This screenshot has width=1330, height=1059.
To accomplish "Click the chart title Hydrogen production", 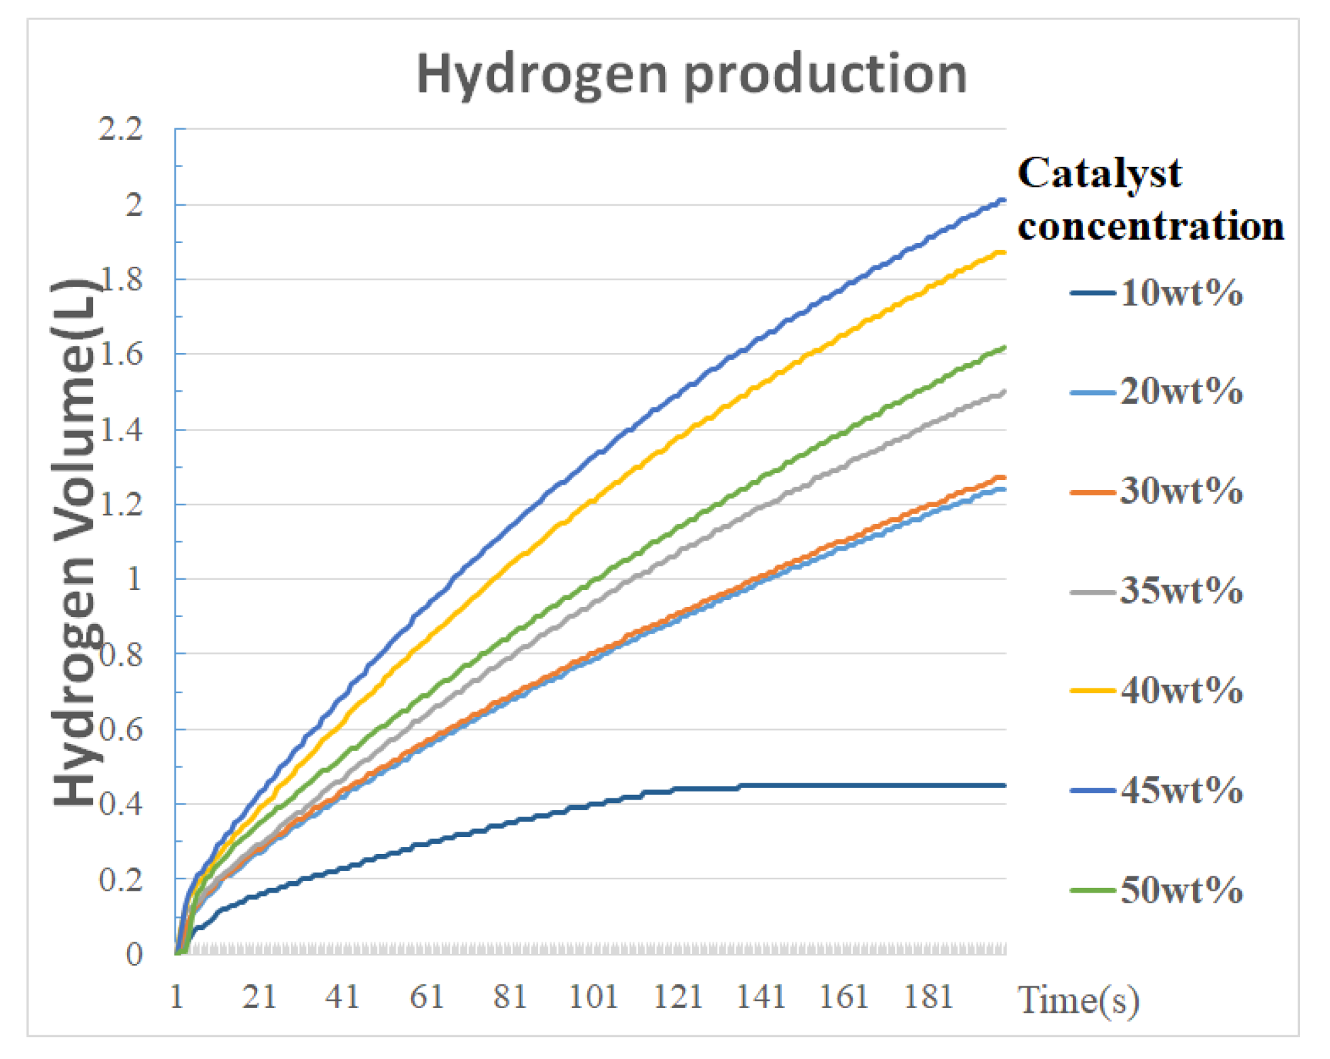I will coord(691,74).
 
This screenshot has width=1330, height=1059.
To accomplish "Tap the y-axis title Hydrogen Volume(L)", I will coord(76,543).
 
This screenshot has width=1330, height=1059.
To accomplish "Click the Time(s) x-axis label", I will coord(1078,1001).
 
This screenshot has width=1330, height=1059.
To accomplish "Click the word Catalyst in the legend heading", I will coord(1099,174).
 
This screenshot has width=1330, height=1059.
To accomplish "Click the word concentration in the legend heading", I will coord(1151,226).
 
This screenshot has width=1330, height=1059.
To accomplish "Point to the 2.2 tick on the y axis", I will coord(121,128).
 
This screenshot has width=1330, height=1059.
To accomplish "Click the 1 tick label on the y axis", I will coord(134,579).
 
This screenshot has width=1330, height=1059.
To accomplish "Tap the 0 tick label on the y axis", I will coord(134,954).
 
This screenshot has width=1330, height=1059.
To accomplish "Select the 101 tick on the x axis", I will coord(593,997).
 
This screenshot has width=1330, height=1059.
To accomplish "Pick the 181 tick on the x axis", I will coord(929,997).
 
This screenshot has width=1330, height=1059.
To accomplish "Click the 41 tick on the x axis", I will coord(343,997).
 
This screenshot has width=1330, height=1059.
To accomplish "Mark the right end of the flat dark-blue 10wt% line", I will coord(1004,785).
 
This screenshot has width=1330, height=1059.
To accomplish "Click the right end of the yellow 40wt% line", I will coord(1004,253).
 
